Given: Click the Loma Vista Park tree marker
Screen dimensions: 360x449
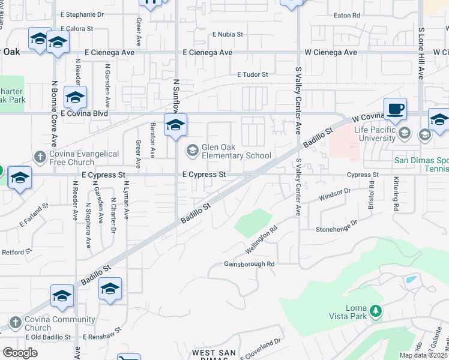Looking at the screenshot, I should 376,310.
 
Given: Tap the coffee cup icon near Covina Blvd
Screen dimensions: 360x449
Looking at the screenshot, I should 395,109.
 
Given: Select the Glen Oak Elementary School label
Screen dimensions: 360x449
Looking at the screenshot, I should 237,151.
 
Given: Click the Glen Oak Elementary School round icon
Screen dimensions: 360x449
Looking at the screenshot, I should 193,150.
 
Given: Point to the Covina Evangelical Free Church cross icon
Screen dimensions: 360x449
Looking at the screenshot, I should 40,158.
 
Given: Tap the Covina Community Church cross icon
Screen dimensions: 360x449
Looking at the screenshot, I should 16,323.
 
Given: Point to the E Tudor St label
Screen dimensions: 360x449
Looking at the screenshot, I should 252,75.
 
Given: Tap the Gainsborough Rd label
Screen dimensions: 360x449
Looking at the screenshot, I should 249,264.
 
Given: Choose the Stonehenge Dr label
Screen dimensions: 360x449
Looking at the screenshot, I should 337,226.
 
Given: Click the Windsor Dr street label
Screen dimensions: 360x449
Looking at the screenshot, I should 334,194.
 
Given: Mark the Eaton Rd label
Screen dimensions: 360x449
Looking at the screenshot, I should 347,15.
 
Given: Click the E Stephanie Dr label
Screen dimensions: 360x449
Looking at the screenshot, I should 82,13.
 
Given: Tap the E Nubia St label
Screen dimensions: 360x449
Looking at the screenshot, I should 228,35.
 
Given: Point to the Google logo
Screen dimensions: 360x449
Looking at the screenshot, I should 20,353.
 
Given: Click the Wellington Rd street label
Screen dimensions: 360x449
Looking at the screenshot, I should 262,239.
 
